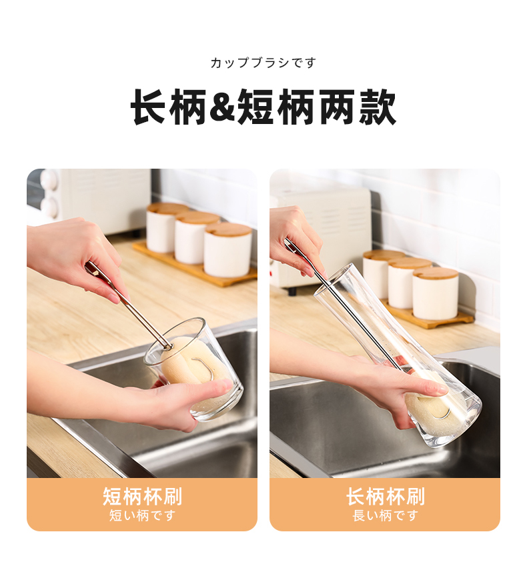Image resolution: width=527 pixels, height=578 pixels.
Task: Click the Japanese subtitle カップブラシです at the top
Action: (x=263, y=63)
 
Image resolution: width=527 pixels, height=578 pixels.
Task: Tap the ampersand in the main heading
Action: (x=222, y=107)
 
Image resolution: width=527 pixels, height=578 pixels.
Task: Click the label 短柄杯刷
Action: (x=142, y=496)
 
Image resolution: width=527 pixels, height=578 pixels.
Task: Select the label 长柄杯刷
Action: (x=385, y=496)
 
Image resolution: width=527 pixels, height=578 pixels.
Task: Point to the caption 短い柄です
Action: (x=142, y=515)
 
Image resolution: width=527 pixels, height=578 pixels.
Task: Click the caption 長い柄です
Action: (x=385, y=515)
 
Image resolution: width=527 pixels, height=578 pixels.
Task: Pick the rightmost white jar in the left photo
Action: (x=228, y=250)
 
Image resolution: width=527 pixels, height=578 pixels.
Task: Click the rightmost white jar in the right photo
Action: (x=435, y=294)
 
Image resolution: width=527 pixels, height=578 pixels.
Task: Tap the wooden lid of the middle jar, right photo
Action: (x=410, y=263)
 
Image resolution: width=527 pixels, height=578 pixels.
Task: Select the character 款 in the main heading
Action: (x=377, y=107)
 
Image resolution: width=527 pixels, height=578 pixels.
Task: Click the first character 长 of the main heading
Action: (x=149, y=107)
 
